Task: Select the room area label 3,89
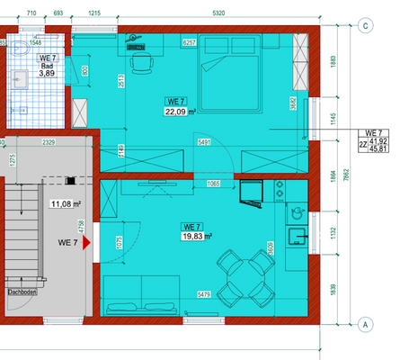(47, 74)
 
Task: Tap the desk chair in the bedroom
(142, 64)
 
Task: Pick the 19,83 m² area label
(195, 237)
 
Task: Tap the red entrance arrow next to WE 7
(87, 243)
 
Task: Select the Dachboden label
(22, 292)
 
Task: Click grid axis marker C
(365, 25)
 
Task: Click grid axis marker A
(365, 324)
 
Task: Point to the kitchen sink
(295, 237)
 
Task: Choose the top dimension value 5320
(218, 13)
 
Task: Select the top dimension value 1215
(94, 13)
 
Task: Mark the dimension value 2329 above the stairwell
(48, 142)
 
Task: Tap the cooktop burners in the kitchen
(280, 191)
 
